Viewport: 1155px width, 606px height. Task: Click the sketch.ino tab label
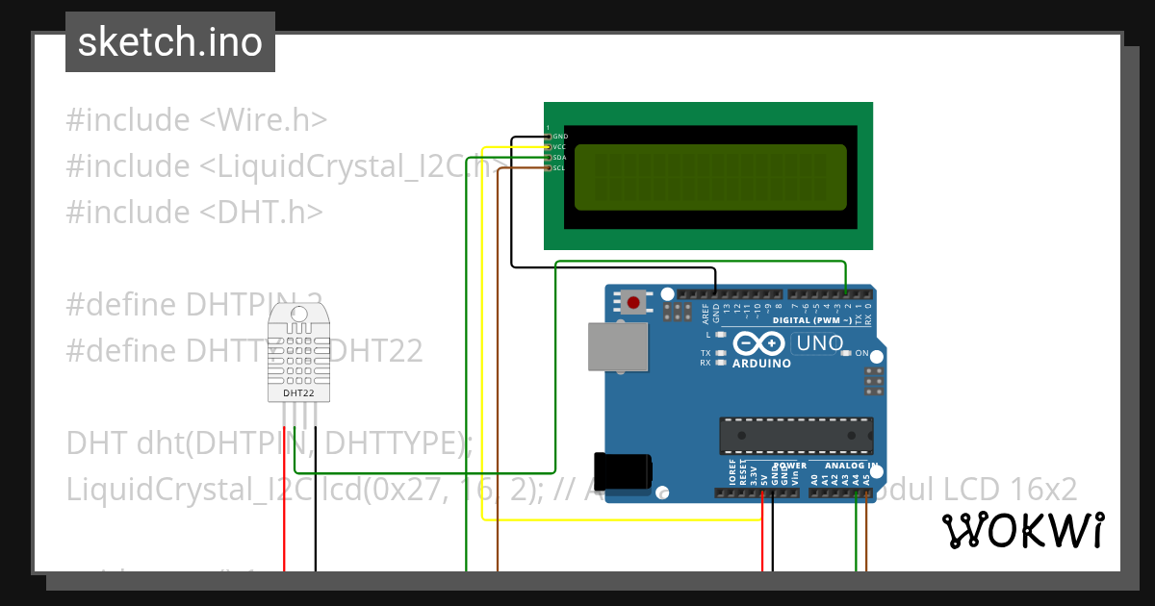170,42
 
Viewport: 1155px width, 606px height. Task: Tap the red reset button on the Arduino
633,302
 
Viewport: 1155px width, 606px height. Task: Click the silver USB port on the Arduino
618,347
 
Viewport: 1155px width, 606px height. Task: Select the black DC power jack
623,470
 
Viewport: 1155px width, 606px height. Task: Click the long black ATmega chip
796,435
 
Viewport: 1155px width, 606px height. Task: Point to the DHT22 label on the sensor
298,392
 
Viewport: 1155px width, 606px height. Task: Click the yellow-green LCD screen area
710,177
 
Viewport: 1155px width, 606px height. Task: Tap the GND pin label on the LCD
560,137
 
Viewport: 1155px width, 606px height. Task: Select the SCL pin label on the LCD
558,168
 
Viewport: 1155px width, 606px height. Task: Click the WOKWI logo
1022,531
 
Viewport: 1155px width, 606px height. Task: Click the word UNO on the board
817,343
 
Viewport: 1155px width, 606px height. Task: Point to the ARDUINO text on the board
761,364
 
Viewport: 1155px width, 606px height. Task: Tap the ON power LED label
861,353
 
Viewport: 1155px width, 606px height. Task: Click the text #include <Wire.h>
196,120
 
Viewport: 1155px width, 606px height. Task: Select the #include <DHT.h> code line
194,212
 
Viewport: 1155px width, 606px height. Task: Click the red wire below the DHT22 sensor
284,500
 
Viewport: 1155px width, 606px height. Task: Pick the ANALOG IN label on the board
852,466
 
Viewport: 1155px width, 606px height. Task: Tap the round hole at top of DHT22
298,313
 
